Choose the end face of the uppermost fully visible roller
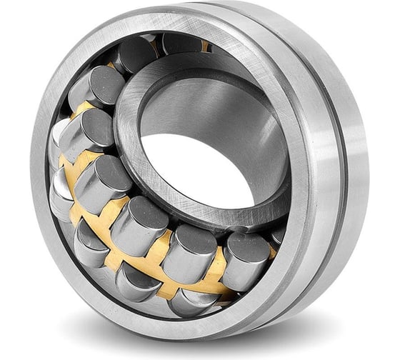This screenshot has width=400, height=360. click(x=133, y=53)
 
